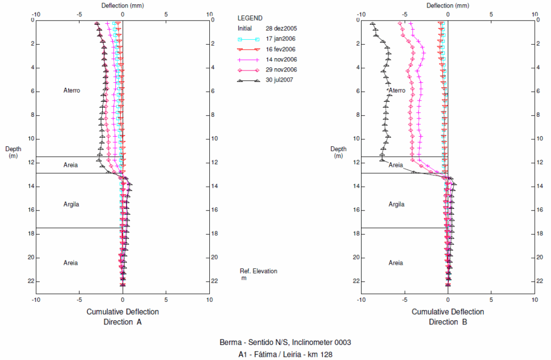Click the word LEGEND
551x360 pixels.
point(250,18)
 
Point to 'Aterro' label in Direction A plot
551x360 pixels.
point(72,90)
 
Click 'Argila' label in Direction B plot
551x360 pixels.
point(397,204)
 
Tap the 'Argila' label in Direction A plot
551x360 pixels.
point(71,204)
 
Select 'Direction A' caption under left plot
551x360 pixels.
point(123,322)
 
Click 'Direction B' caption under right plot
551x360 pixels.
point(448,322)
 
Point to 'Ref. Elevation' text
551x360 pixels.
point(258,271)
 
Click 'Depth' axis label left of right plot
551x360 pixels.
point(338,149)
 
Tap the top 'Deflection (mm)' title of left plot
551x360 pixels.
point(123,5)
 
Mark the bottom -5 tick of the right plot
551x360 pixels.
point(404,299)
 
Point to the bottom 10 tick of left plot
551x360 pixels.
point(209,299)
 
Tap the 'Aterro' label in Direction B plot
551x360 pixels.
point(397,90)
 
